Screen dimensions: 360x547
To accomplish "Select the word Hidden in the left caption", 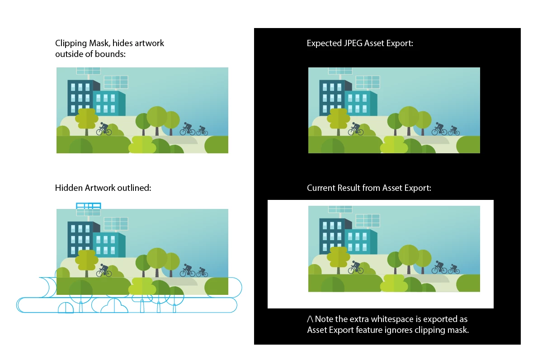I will [69, 188].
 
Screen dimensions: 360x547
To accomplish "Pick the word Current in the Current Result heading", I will [322, 188].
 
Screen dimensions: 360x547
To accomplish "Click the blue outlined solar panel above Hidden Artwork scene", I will [88, 206].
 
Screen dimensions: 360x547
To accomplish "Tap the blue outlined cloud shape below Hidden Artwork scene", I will [114, 307].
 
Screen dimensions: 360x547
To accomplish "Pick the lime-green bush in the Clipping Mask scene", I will [142, 145].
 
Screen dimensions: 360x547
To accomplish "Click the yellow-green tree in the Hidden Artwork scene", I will [86, 260].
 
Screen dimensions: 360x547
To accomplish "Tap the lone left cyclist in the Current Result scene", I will [355, 268].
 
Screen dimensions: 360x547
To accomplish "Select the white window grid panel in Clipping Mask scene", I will [116, 82].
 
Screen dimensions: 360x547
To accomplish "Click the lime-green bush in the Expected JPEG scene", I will [394, 145].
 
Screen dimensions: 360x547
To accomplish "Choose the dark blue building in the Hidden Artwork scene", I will [80, 236].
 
